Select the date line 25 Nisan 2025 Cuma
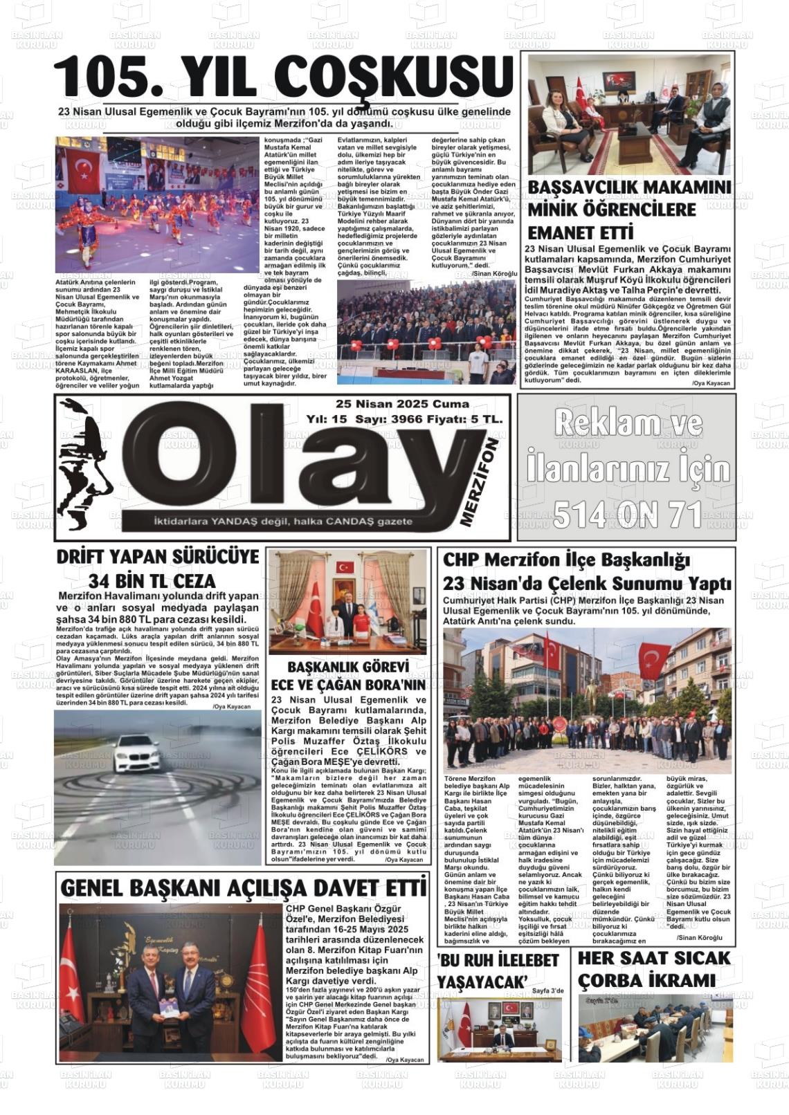click(402, 404)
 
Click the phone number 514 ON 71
click(627, 514)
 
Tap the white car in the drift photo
click(139, 753)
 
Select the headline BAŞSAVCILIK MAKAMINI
click(629, 188)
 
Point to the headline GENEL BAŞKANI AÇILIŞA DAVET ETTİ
click(242, 887)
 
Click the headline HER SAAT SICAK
click(654, 958)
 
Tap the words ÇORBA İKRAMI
click(646, 981)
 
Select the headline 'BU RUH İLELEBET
click(498, 961)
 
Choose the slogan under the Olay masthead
click(274, 521)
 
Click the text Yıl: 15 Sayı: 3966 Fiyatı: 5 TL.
click(405, 419)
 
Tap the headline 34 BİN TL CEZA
click(152, 580)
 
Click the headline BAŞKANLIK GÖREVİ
click(348, 667)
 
